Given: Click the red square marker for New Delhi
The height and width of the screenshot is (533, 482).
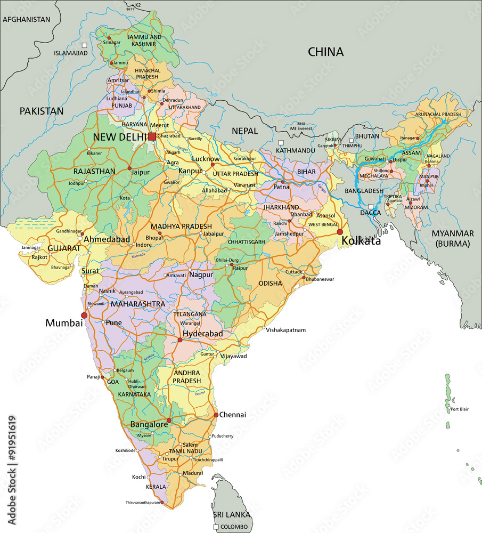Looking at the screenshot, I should click(152, 137).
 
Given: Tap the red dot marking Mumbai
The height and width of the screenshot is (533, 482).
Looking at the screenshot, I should click(84, 316).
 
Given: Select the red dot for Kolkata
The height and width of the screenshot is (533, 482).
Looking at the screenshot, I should click(340, 231).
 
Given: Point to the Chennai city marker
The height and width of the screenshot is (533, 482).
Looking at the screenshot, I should click(216, 415).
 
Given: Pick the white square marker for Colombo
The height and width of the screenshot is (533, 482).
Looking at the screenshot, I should click(216, 527).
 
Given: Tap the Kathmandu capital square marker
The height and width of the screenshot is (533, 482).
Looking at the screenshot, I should click(281, 142).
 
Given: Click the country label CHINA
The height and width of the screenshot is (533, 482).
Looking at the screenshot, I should click(325, 52).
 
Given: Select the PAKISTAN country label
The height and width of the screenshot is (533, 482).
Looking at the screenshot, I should click(42, 111).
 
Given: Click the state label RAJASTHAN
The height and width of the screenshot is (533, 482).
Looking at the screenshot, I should click(95, 171).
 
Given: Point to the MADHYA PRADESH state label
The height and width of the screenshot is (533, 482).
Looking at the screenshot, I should click(181, 227).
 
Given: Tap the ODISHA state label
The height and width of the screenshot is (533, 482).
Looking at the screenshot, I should click(270, 283).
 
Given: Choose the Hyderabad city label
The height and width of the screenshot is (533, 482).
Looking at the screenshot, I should click(202, 334).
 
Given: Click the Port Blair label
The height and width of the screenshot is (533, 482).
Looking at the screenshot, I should click(459, 409).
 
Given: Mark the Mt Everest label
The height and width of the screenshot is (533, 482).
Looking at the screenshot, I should click(301, 128).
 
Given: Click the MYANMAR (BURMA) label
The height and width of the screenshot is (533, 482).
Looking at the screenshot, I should click(453, 238).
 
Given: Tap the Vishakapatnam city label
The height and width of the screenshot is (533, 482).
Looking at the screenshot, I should click(286, 330).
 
